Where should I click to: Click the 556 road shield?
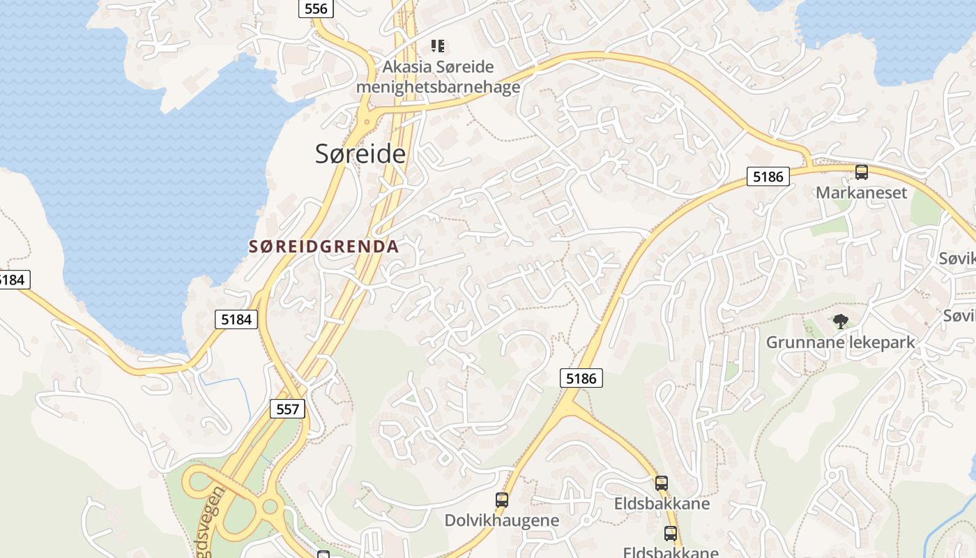click(316, 8)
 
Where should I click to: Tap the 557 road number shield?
click(287, 409)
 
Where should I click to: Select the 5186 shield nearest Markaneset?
click(768, 176)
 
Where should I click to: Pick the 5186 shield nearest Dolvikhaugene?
click(581, 378)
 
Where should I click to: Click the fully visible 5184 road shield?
click(236, 319)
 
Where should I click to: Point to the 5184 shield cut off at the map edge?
click(13, 280)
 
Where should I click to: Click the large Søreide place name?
click(360, 153)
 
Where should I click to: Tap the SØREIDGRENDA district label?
click(323, 246)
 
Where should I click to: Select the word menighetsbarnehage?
click(438, 86)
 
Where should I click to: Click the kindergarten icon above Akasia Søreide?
click(438, 46)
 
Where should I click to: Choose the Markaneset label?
click(861, 193)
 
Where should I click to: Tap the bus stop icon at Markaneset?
click(862, 172)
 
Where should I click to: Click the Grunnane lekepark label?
click(840, 342)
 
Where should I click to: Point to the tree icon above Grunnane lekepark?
click(841, 322)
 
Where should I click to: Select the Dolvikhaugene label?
click(502, 520)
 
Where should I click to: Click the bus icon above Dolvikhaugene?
click(502, 499)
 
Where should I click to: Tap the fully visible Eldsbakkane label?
click(662, 504)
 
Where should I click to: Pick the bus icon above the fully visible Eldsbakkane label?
click(662, 483)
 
